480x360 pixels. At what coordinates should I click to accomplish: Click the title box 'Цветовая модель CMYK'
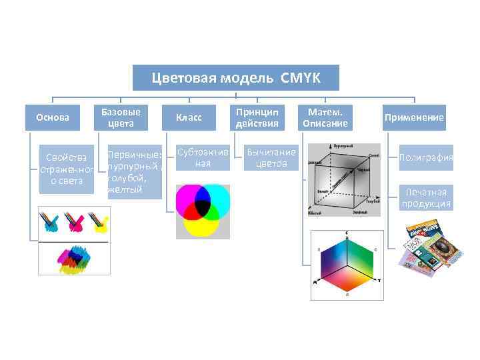click(x=236, y=78)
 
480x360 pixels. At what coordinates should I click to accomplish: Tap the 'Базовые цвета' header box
click(x=121, y=117)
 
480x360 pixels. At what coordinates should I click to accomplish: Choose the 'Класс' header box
click(x=189, y=117)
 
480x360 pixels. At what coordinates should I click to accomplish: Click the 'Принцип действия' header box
click(x=257, y=117)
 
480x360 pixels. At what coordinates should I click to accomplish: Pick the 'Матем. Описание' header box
click(x=325, y=117)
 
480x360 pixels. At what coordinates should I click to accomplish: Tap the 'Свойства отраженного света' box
click(x=66, y=169)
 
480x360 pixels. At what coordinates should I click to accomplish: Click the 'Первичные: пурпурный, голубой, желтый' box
click(x=134, y=171)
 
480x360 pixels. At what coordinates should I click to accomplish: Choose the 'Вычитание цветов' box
click(x=271, y=158)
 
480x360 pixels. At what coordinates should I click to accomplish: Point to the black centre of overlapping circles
click(x=203, y=208)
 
